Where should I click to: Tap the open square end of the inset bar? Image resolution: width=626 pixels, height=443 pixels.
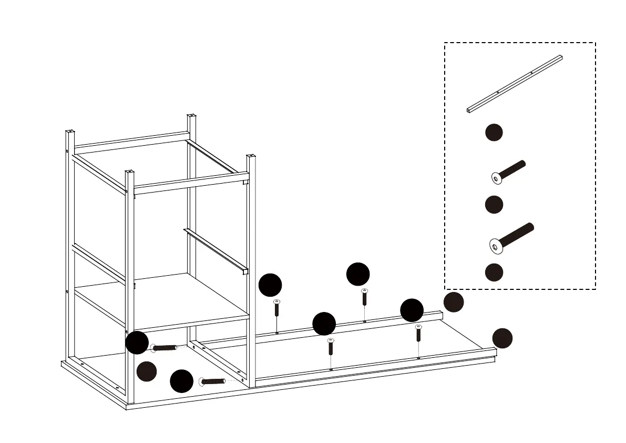point(468,110)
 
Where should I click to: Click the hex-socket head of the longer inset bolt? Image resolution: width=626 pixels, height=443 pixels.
point(495,245)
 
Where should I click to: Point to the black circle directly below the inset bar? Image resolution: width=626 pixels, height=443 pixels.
point(494,133)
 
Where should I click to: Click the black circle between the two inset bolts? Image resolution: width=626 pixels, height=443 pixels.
point(494,204)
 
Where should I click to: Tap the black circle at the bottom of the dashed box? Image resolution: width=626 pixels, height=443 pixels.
point(494,272)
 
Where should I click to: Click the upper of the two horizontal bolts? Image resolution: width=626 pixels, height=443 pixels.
point(164,348)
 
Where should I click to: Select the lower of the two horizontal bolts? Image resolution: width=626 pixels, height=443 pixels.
point(213,381)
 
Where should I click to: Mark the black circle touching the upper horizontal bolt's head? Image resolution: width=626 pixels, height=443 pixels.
point(137,343)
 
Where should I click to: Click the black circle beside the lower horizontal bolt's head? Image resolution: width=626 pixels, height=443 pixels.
point(181,381)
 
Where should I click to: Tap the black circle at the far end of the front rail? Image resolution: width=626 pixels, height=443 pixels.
point(502,338)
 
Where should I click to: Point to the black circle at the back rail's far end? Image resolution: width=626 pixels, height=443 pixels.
point(454,302)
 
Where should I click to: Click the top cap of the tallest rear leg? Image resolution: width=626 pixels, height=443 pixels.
point(191,116)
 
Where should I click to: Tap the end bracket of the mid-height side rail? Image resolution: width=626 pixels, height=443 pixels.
point(244,271)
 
